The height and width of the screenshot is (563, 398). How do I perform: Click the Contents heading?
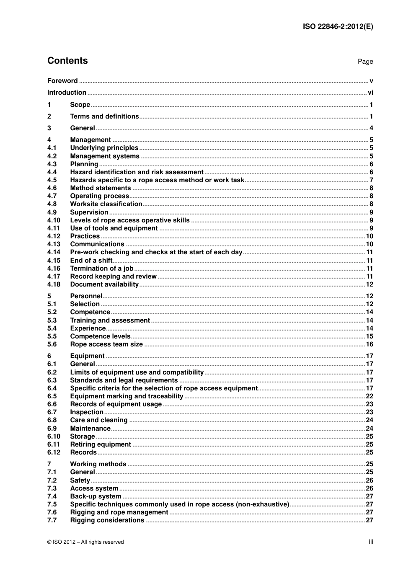(x=67, y=61)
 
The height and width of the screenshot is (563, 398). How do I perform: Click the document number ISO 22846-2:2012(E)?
(x=338, y=27)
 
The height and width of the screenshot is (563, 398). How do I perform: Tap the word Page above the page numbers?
(x=365, y=62)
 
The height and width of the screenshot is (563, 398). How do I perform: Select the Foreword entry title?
(x=62, y=81)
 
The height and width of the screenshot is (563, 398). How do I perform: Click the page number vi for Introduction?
(x=370, y=93)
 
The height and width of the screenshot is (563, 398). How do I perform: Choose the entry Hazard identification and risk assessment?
(x=137, y=172)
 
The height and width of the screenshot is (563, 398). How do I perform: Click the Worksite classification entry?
(x=106, y=204)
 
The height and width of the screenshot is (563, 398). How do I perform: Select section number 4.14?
(x=54, y=252)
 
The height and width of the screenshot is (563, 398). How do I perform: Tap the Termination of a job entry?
(x=101, y=269)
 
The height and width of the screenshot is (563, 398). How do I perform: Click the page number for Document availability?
(x=369, y=284)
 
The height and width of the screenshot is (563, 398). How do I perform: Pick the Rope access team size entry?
(x=106, y=344)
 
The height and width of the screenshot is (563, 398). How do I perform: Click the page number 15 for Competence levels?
(x=369, y=336)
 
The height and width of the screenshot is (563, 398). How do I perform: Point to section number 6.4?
(x=52, y=388)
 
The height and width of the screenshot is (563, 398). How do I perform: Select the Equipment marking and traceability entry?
(x=127, y=396)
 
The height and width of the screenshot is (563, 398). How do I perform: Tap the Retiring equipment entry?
(x=101, y=444)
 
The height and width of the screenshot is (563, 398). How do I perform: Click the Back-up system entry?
(x=96, y=496)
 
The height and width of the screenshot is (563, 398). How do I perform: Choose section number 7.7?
(x=52, y=520)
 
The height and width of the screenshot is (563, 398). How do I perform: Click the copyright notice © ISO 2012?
(x=85, y=542)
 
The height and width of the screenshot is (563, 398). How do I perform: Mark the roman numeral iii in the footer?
(x=371, y=542)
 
